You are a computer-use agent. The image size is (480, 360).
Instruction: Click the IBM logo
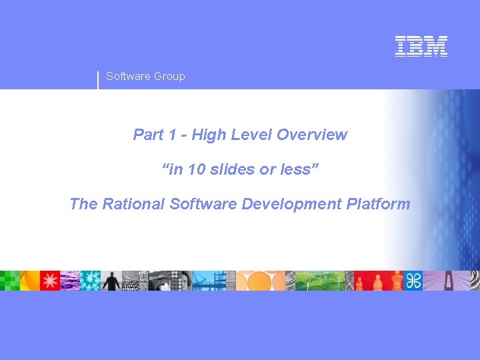pos(421,46)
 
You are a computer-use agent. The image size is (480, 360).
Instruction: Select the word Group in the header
pos(169,77)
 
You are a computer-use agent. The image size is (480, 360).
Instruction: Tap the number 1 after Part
pos(173,135)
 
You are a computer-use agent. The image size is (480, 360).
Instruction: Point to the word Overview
pos(312,135)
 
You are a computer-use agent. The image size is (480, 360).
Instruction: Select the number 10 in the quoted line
pos(197,169)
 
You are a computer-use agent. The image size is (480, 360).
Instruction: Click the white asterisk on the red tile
pos(50,281)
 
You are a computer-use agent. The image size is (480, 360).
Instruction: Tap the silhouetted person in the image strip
pos(111,281)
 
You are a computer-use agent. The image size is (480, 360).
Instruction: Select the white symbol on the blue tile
pos(413,281)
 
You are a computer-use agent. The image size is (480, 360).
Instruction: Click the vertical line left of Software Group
pos(98,79)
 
